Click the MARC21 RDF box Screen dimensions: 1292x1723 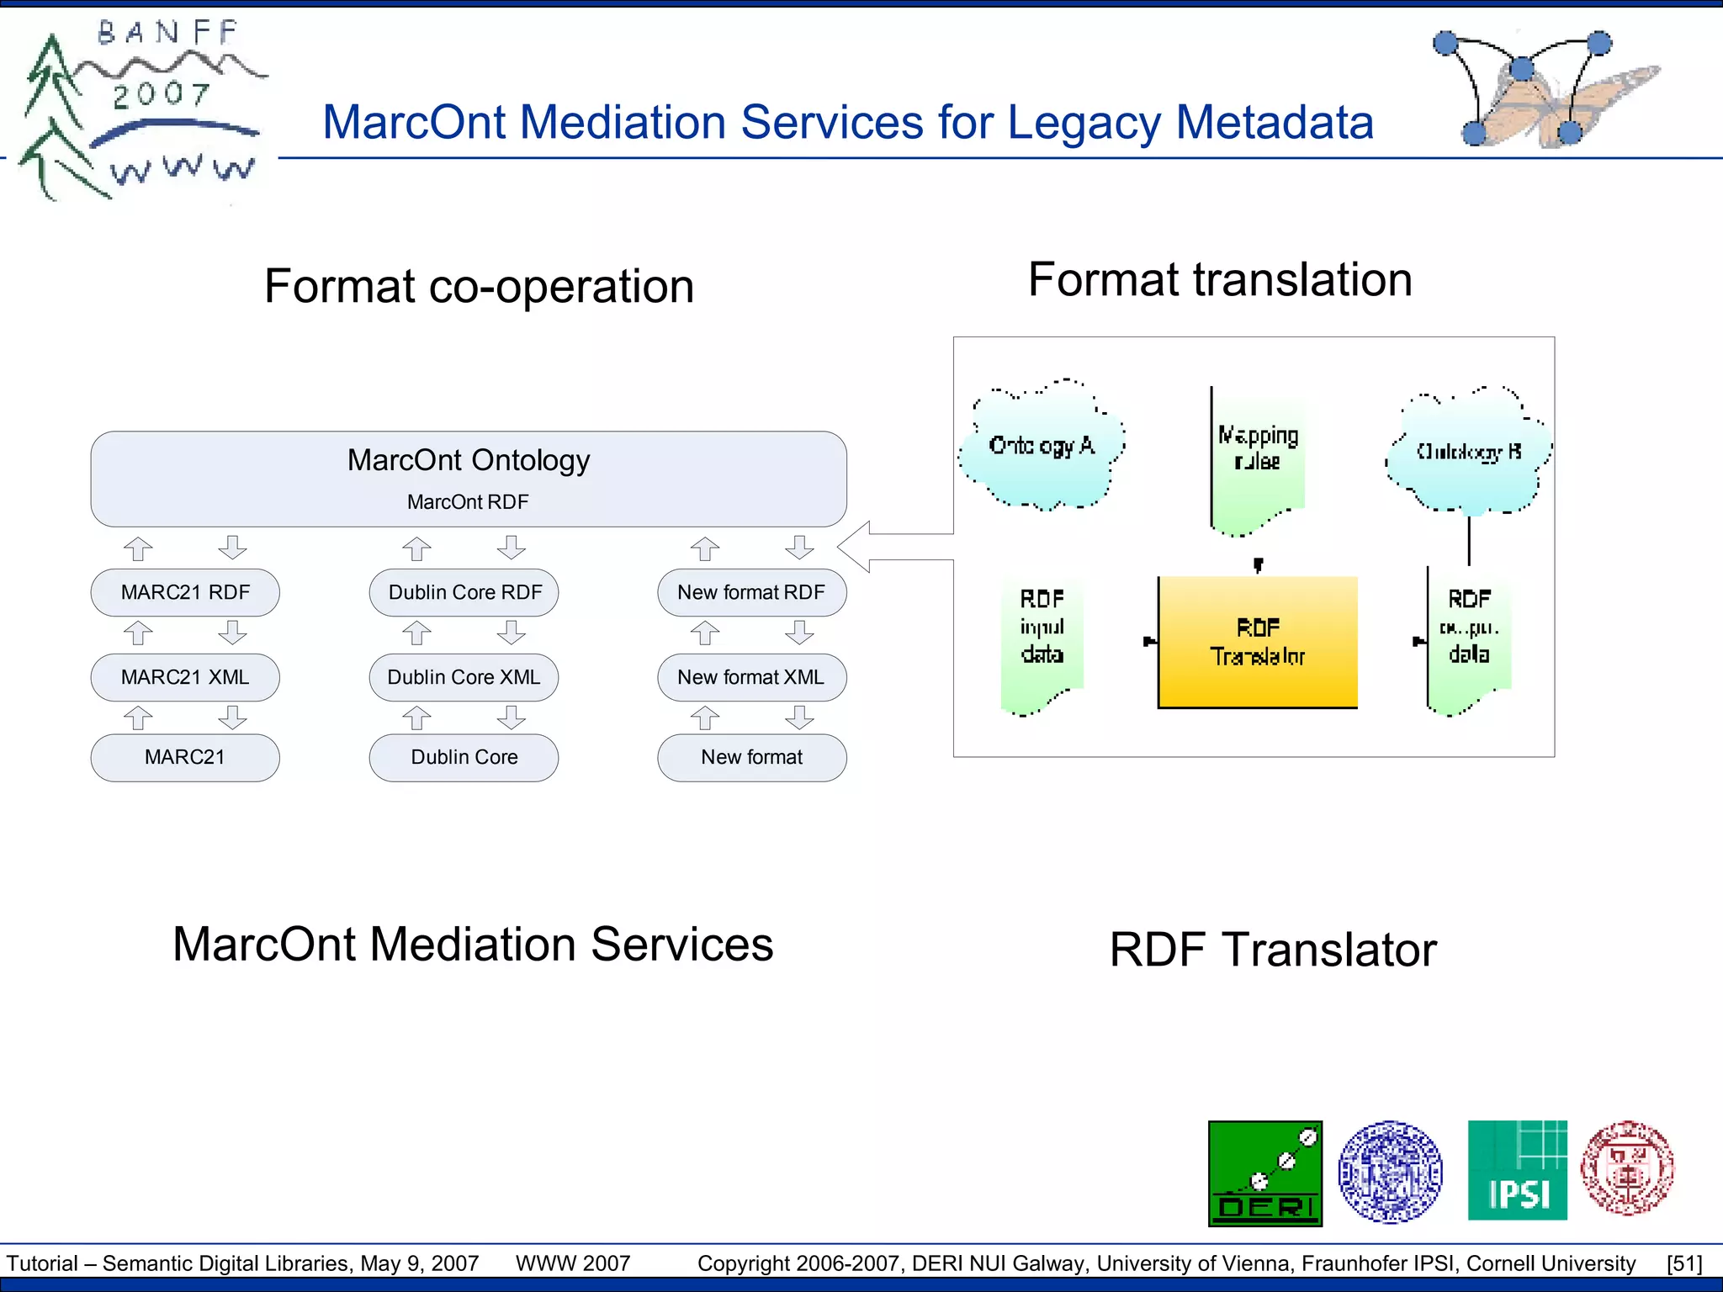tap(185, 593)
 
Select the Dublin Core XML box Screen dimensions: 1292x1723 tap(464, 678)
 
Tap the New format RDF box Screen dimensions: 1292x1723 tap(751, 593)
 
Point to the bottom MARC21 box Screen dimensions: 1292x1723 tap(185, 758)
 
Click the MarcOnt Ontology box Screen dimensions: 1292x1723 tap(469, 479)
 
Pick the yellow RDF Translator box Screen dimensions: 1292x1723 tap(1258, 642)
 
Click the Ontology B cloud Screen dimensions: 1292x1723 tap(1469, 453)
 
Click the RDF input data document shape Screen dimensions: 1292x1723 tap(1042, 643)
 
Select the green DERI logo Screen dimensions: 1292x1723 tap(1265, 1173)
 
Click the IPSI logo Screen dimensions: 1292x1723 tap(1517, 1170)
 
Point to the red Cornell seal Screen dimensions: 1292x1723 tap(1627, 1168)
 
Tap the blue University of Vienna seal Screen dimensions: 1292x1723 tap(1390, 1172)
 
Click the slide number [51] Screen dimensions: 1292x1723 tap(1684, 1263)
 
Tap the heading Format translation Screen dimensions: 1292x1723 tap(1220, 280)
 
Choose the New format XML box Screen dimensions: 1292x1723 tap(751, 678)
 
